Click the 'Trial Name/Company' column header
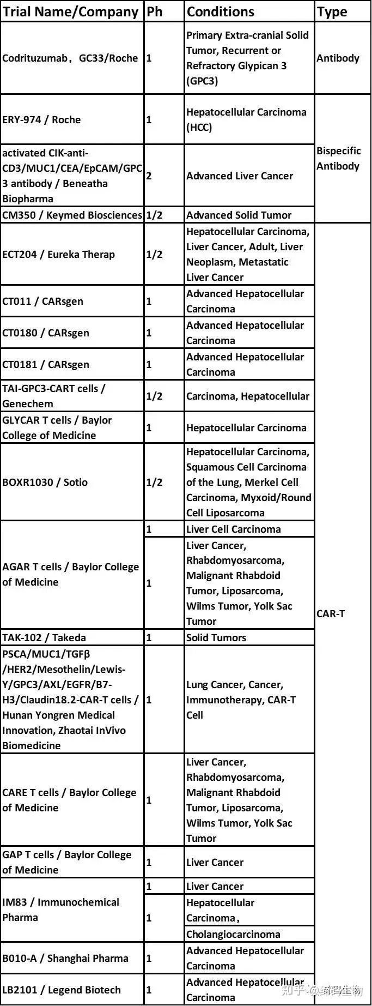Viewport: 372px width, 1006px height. pos(71,11)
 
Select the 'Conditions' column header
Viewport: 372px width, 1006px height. pos(221,11)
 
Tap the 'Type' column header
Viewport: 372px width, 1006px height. pos(332,11)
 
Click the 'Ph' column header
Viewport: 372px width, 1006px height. pos(155,11)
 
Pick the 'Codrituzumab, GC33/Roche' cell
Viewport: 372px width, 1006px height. pos(70,58)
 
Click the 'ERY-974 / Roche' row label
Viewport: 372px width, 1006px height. pos(41,120)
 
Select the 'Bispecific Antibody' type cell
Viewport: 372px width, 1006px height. pos(338,159)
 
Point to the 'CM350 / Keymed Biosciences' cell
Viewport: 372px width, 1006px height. pos(72,215)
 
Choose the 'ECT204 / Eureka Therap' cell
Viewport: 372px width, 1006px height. pos(59,255)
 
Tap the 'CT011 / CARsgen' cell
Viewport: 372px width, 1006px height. pos(43,302)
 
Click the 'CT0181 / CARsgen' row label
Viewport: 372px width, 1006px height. pos(46,365)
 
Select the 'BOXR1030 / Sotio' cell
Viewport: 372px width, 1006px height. pos(45,483)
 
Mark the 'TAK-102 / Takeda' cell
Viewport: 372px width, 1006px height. pos(44,638)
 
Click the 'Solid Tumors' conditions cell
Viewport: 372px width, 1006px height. pos(216,638)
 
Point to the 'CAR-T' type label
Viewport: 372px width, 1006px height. pos(331,614)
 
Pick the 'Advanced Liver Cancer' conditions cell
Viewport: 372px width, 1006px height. pos(240,176)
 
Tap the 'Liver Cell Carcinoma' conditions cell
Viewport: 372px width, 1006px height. pos(234,529)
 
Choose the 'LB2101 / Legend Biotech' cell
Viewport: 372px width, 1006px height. pos(62,990)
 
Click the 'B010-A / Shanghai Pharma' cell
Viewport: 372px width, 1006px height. pos(65,959)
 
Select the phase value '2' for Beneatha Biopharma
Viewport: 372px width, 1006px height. pos(149,176)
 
